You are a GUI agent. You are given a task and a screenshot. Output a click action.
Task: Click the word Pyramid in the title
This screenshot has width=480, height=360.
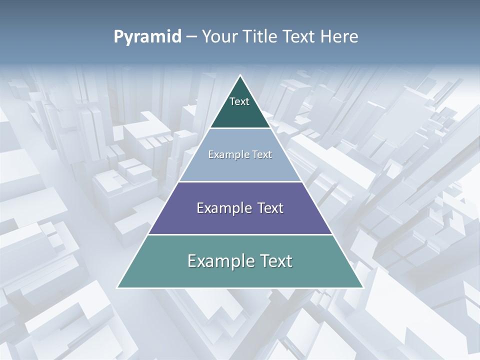(x=147, y=37)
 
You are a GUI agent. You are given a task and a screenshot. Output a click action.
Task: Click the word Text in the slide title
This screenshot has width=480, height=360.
(x=301, y=37)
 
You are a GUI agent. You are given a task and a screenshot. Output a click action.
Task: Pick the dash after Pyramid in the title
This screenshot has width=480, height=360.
(x=191, y=37)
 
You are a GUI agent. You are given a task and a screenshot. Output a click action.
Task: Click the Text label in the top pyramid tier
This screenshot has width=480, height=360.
(x=239, y=101)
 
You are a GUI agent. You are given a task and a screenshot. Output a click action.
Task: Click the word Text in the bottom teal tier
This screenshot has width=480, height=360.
(x=276, y=261)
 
